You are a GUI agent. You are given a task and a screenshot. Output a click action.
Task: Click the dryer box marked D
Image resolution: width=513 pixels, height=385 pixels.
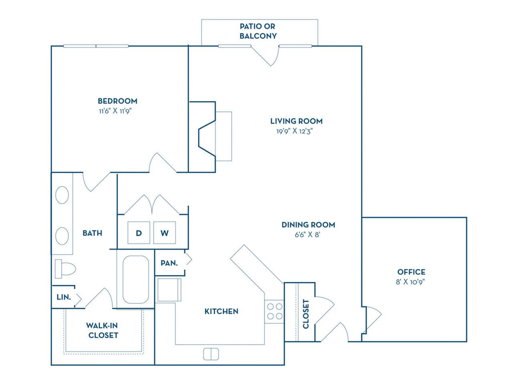(139, 233)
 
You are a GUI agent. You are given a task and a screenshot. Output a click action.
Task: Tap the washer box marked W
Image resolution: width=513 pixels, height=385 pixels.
(164, 233)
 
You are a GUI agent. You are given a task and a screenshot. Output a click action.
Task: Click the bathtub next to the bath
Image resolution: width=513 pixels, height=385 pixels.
(135, 280)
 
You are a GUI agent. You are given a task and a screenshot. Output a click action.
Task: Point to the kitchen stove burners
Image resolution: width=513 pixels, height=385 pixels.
(275, 311)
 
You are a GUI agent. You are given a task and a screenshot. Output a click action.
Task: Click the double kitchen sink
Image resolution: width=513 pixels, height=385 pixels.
(211, 354)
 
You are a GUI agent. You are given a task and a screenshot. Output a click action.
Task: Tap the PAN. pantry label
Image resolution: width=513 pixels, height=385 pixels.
(169, 263)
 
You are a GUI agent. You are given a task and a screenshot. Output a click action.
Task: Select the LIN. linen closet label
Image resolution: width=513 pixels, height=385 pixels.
(64, 297)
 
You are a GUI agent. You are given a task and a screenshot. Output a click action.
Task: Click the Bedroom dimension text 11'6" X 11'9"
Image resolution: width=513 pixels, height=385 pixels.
(115, 111)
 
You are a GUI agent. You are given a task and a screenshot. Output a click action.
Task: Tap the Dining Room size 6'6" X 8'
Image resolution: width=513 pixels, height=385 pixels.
(307, 235)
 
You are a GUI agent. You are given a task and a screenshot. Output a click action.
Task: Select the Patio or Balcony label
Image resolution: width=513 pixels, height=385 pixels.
(258, 31)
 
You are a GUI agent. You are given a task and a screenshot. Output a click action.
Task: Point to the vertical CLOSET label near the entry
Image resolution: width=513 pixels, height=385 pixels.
(306, 314)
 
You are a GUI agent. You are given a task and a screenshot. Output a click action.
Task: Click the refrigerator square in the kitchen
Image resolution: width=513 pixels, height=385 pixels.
(168, 290)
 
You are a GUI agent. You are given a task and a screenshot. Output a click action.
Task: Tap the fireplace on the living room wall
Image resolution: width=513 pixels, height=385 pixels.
(208, 136)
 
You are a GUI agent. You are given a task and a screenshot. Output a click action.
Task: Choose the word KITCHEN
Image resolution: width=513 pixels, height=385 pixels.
(221, 311)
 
